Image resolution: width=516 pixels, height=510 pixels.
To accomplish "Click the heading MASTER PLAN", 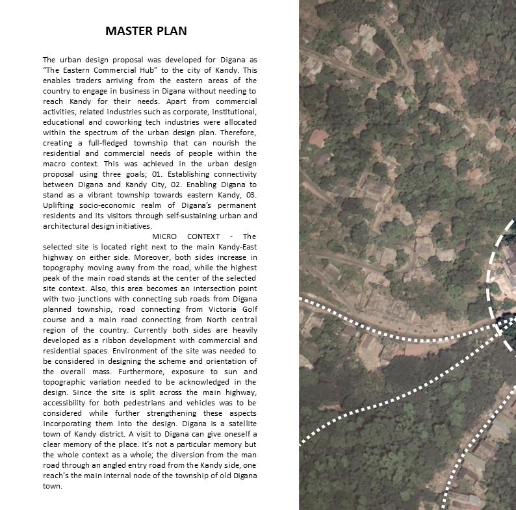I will click(x=146, y=31).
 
